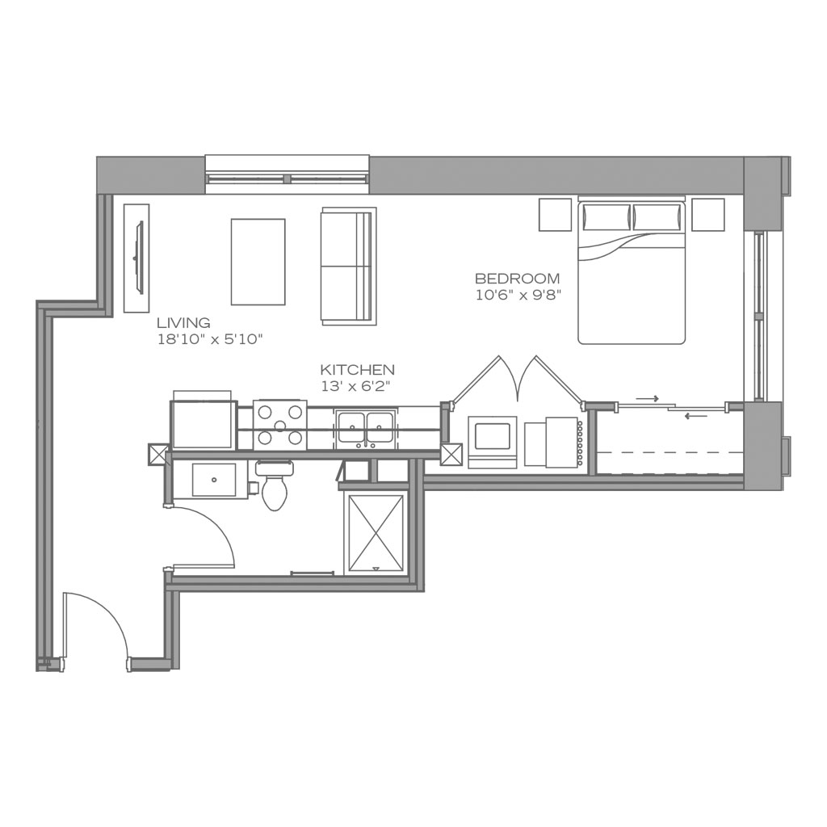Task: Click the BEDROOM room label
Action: [517, 279]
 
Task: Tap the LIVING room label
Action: [183, 323]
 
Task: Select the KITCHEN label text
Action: [357, 370]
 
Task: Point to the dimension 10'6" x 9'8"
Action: [518, 296]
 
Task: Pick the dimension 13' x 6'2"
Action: [355, 386]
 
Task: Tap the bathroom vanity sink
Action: [213, 479]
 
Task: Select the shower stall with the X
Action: [374, 534]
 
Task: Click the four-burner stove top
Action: [279, 425]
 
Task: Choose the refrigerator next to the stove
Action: [203, 424]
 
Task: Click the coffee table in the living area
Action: [258, 262]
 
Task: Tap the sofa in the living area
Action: [348, 266]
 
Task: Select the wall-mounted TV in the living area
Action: [139, 258]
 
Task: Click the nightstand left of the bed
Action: [556, 215]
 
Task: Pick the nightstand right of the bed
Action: [707, 215]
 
